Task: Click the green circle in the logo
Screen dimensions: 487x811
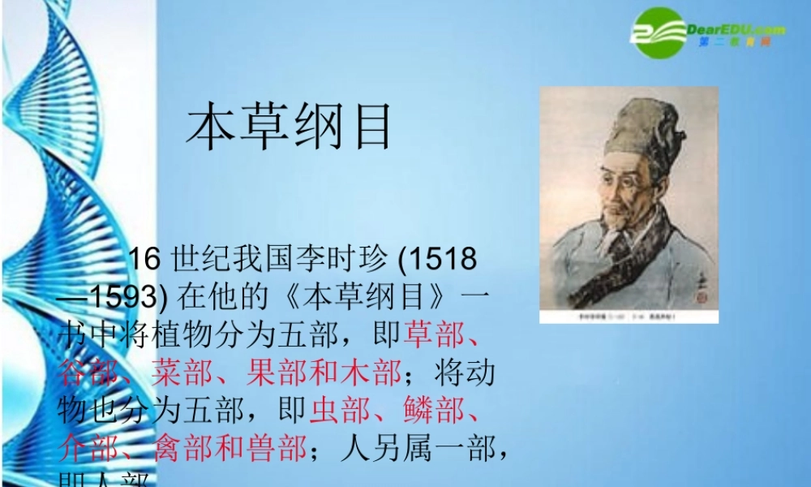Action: [x=659, y=32]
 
